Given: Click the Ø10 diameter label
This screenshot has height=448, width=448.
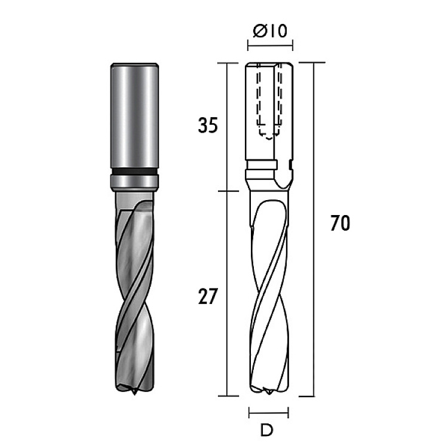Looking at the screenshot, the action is click(270, 30).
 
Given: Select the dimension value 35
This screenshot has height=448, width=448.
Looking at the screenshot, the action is click(208, 125).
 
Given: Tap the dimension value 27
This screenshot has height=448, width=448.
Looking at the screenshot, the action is click(208, 296).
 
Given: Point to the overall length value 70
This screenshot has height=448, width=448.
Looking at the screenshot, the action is click(340, 223).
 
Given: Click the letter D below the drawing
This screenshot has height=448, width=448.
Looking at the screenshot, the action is click(267, 429).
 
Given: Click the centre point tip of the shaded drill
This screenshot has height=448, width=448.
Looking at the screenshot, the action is click(134, 395).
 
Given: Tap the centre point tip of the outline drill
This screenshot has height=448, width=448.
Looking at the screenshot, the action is click(268, 394).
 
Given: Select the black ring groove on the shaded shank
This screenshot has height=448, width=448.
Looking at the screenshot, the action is click(134, 171).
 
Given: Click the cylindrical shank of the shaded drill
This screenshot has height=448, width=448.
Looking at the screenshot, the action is click(134, 115).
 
